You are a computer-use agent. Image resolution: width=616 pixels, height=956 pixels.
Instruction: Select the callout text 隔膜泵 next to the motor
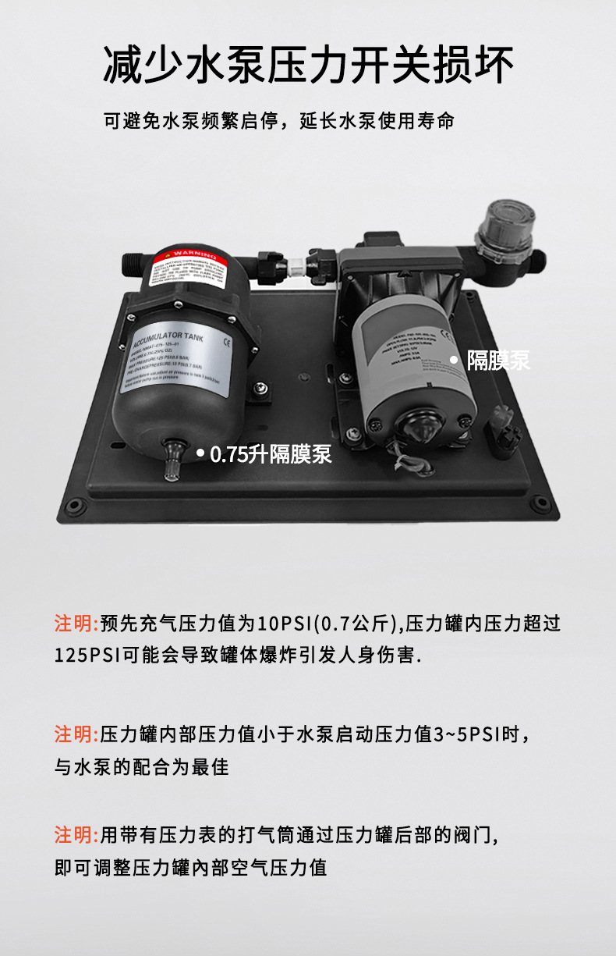click(498, 360)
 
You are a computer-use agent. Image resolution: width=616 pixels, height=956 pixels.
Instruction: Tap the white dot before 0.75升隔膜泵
click(200, 453)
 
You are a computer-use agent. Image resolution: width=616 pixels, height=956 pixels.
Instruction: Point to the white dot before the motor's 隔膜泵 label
click(454, 359)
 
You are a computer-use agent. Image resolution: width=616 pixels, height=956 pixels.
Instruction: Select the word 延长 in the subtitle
click(318, 122)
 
